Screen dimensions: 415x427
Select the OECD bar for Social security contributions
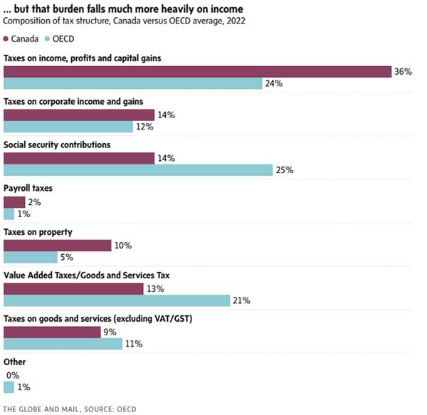click(x=138, y=170)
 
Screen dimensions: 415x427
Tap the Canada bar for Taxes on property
click(x=58, y=245)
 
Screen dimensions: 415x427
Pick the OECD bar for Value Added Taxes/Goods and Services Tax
click(x=117, y=300)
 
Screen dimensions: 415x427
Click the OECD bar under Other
click(x=9, y=387)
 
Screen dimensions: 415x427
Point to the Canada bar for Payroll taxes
click(x=14, y=201)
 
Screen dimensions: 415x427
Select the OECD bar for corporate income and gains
click(x=68, y=127)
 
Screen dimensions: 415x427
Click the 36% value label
click(x=404, y=71)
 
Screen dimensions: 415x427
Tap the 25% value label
click(x=284, y=170)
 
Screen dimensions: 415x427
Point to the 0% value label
click(x=14, y=375)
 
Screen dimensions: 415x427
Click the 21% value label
click(x=241, y=300)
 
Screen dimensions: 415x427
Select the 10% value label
click(x=123, y=245)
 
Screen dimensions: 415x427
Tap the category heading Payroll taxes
click(x=28, y=188)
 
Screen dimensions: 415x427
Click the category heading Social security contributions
click(x=57, y=145)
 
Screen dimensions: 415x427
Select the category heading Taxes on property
click(x=38, y=232)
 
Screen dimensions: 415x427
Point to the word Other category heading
click(x=15, y=362)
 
